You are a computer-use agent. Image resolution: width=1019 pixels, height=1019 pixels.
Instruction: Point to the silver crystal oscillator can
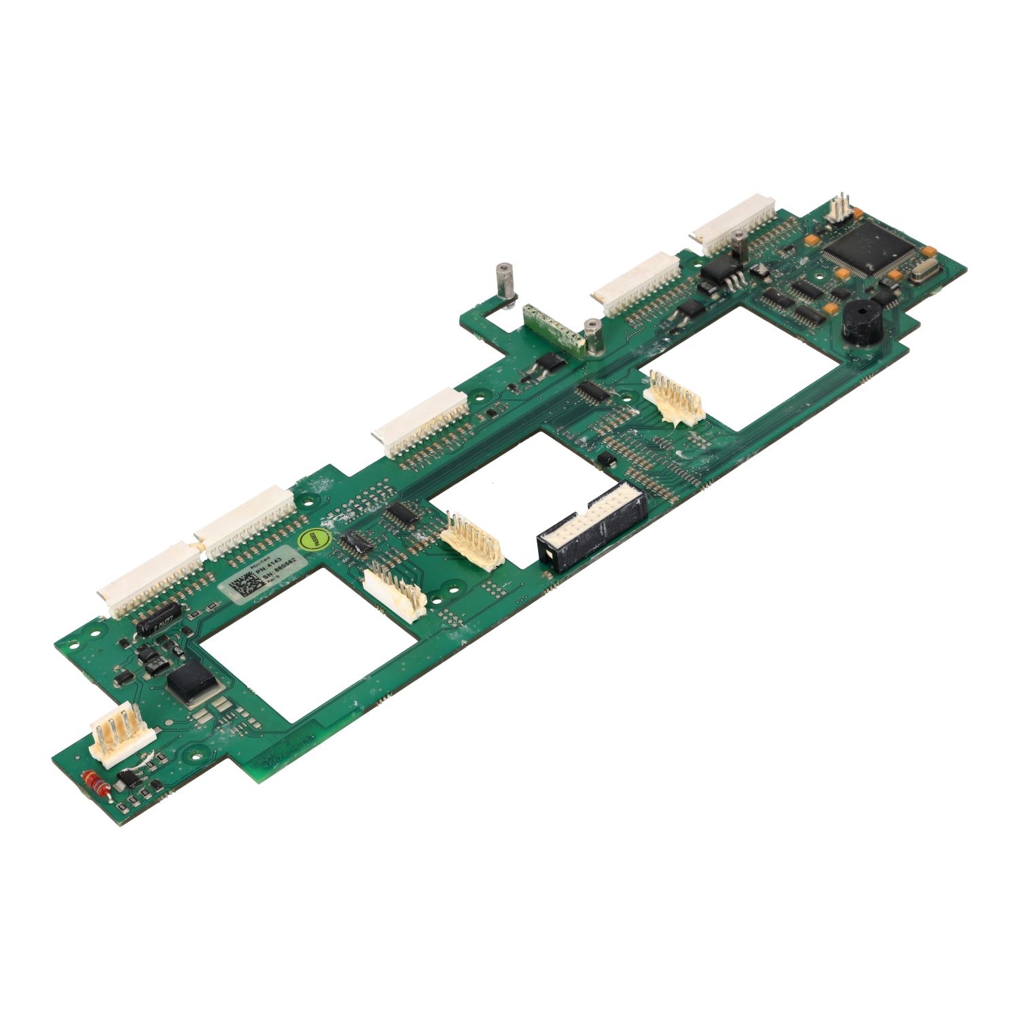[918, 273]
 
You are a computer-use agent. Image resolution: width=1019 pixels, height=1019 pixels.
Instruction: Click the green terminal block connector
[552, 327]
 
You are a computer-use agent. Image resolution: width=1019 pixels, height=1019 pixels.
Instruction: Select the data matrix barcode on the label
[243, 586]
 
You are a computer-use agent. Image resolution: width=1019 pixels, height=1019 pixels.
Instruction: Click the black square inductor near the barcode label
[192, 680]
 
